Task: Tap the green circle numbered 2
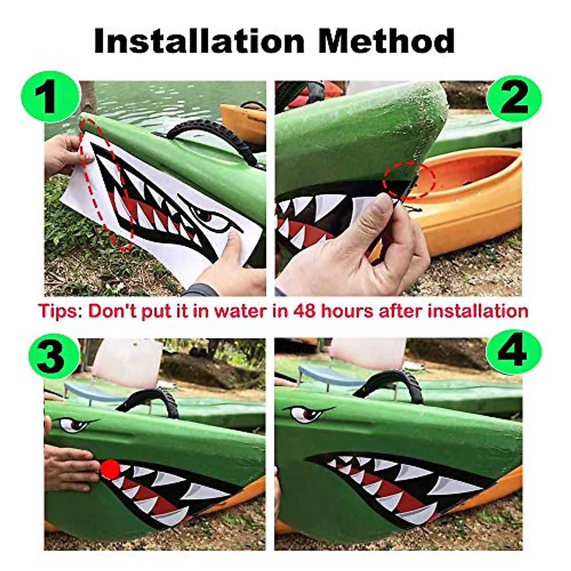coord(514,98)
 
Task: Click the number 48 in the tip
coord(305,311)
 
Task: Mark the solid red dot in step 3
coord(110,470)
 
